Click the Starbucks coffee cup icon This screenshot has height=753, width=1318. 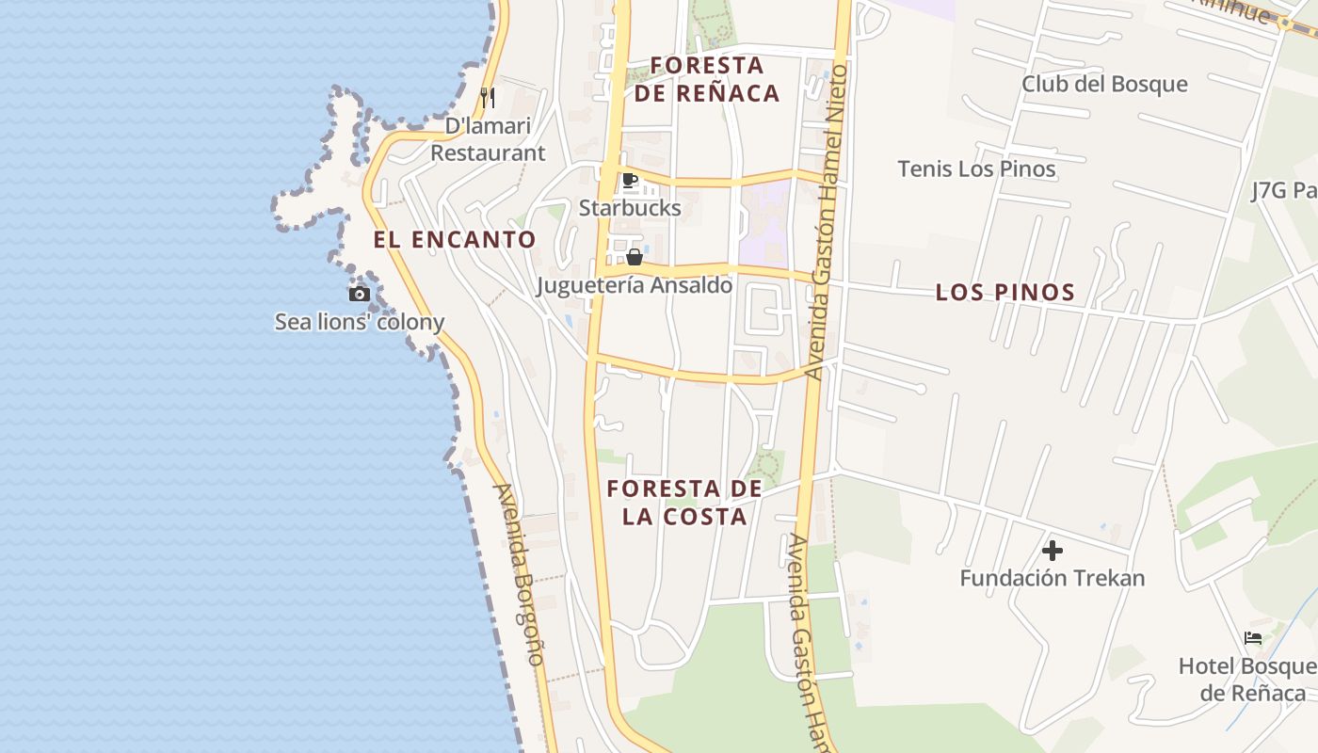point(630,181)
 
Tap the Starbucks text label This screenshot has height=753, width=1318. point(630,208)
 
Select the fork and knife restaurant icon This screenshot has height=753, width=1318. point(488,97)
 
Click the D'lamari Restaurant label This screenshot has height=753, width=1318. point(488,139)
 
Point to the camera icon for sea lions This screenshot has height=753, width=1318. point(359,295)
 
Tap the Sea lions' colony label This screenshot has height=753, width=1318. point(360,322)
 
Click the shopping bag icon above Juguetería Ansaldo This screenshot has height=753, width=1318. point(635,257)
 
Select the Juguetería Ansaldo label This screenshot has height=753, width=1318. point(635,285)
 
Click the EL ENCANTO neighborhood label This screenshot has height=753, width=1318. point(455,240)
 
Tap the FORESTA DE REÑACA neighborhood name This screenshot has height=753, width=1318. point(707,79)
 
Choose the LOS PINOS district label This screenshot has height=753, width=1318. point(1005,293)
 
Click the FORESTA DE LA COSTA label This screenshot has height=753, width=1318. point(684,503)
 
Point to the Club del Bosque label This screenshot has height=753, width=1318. point(1105,84)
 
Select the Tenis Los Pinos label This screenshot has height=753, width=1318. point(976,169)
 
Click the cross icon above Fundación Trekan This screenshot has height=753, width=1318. point(1053,551)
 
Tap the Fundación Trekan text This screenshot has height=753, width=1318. point(1053,578)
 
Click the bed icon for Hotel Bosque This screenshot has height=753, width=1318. point(1253,638)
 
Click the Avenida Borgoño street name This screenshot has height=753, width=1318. point(520,574)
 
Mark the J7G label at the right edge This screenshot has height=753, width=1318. point(1284,191)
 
